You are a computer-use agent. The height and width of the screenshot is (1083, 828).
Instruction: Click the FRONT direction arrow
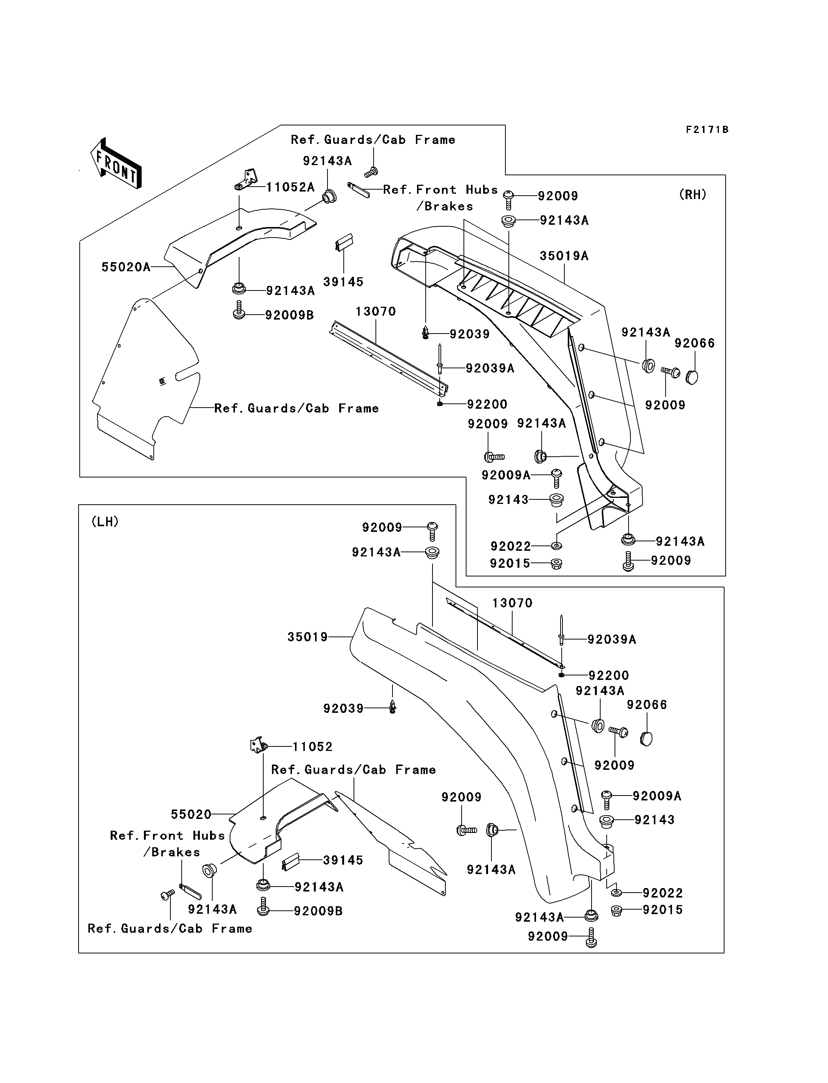(x=116, y=163)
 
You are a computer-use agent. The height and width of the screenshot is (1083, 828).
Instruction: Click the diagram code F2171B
(x=707, y=130)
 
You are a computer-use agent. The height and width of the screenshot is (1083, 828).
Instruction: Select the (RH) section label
(x=692, y=195)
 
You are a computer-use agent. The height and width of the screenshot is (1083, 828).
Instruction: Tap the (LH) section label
(x=105, y=522)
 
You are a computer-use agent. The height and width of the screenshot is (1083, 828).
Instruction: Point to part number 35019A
(x=564, y=256)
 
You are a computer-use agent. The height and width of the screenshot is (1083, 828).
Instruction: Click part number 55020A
(x=126, y=267)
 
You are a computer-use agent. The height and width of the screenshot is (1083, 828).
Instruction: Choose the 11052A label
(x=290, y=187)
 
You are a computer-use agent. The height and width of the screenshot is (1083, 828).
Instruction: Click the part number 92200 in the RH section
(x=487, y=404)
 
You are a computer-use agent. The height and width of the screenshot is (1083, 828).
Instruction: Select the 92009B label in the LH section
(x=318, y=911)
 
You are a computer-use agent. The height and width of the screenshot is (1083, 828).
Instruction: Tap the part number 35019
(x=307, y=637)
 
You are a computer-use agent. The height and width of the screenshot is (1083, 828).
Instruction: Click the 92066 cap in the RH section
(x=692, y=377)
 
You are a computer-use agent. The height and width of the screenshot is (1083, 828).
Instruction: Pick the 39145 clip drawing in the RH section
(x=343, y=241)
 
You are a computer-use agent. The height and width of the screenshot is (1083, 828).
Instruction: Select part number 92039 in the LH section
(x=343, y=708)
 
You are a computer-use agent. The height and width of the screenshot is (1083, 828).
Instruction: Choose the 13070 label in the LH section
(x=513, y=603)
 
